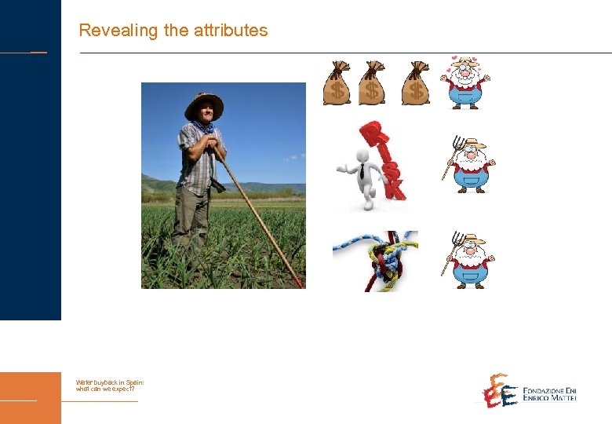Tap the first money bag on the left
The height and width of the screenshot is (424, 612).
pyautogui.click(x=337, y=84)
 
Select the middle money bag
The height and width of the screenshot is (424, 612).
pyautogui.click(x=372, y=84)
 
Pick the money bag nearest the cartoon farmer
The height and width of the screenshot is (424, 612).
pyautogui.click(x=415, y=84)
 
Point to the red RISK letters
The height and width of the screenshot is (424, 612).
pyautogui.click(x=384, y=159)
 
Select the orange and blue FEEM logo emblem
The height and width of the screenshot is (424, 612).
pyautogui.click(x=499, y=390)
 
